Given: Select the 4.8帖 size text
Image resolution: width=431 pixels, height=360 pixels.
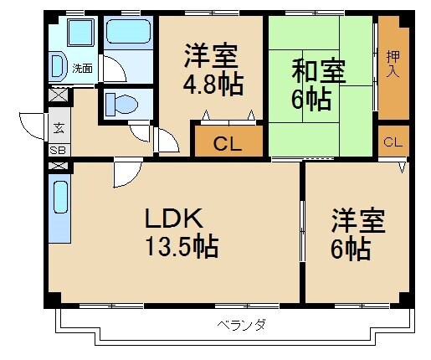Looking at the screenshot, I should click(x=211, y=86).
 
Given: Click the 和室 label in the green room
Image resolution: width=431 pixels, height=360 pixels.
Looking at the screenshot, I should click(x=317, y=71).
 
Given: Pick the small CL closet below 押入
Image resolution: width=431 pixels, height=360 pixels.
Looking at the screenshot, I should click(x=392, y=142).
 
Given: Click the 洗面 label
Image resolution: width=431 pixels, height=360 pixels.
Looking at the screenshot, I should click(x=82, y=68).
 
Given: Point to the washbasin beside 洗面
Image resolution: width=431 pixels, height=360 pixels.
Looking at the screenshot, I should click(x=58, y=66).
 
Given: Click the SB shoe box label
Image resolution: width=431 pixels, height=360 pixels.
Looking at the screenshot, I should click(x=58, y=150).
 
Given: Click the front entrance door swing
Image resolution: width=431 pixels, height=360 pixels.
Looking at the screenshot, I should click(x=32, y=126).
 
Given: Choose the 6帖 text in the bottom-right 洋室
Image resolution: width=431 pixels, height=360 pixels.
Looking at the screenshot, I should click(x=350, y=249).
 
